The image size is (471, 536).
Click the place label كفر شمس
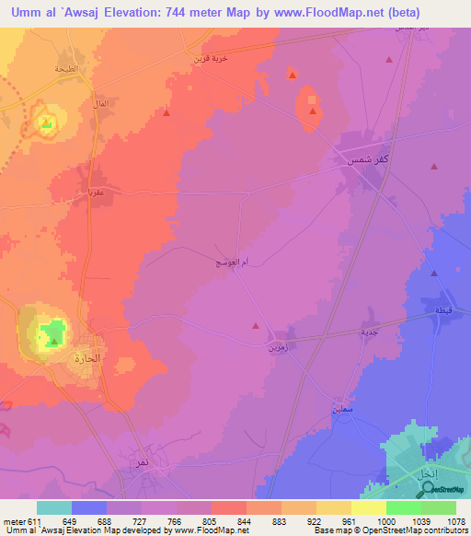361,159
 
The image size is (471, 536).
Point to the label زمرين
277,348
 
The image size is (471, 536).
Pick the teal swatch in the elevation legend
54,507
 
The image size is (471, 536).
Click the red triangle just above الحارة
54,343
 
